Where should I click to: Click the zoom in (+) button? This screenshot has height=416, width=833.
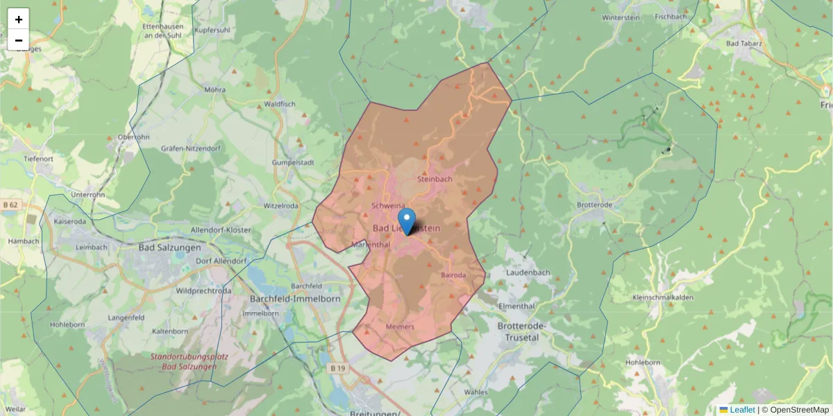[x=19, y=19]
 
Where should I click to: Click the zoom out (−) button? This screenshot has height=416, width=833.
[x=19, y=40]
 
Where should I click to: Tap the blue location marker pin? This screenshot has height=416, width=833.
[x=407, y=221]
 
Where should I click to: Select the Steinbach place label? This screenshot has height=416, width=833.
[x=435, y=179]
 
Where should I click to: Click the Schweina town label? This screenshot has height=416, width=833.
[x=388, y=206]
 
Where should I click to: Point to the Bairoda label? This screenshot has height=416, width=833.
[x=453, y=275]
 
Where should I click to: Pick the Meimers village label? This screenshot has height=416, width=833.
[x=399, y=327]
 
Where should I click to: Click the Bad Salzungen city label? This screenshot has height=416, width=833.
[x=169, y=248]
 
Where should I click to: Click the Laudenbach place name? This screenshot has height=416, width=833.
[x=528, y=273]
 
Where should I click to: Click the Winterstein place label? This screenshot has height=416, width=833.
[x=621, y=17]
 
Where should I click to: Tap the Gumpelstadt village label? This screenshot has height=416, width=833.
[x=293, y=162]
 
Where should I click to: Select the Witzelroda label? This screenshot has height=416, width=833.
[x=280, y=206]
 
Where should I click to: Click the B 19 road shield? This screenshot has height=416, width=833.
[x=337, y=367]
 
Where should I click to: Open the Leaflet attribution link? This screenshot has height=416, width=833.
[x=741, y=410]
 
